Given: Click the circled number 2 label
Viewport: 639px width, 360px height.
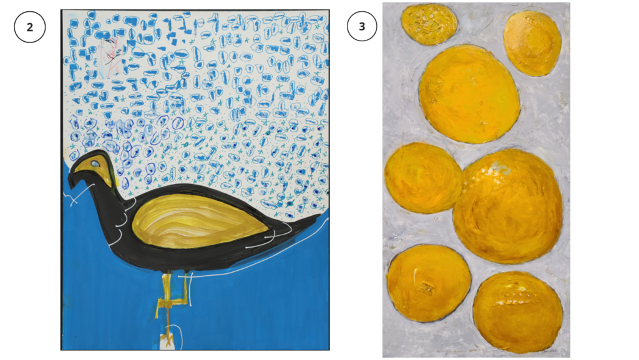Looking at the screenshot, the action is click(30, 27).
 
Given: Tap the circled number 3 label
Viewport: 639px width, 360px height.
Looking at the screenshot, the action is click(362, 26).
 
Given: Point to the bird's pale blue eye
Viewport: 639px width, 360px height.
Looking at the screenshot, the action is click(95, 163).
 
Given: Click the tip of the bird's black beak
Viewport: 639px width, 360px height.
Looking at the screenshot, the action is click(71, 188).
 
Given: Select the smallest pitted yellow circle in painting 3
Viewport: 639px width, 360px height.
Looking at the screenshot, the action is click(429, 24).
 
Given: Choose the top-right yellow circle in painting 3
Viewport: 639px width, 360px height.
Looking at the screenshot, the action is click(532, 43).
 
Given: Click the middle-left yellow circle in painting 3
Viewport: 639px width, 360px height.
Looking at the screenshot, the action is click(423, 178).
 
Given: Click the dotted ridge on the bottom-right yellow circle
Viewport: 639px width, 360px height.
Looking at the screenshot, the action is click(509, 303).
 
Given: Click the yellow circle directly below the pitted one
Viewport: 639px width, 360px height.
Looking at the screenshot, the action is click(469, 94).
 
